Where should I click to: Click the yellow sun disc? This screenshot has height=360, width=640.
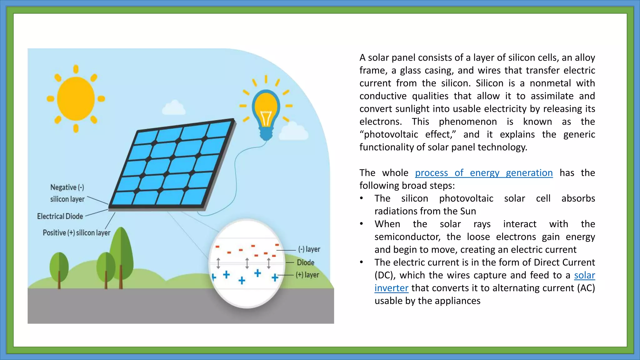coord(76,99)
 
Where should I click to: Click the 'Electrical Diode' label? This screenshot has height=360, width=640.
coord(60,216)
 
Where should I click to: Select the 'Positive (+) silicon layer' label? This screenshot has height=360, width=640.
coord(77,233)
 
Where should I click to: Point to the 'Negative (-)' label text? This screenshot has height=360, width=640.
coord(67,187)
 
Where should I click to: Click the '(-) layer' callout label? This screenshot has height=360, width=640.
coord(309,249)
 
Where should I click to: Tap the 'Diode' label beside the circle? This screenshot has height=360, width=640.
coord(305,262)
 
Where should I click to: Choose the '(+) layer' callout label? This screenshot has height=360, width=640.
coord(308,275)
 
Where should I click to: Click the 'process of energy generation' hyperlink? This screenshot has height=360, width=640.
coord(484,173)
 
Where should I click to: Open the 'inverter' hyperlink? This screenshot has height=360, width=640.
coord(391,288)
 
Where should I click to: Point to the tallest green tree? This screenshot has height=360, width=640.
coord(121,250)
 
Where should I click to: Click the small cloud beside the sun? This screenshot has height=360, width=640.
coord(174,107)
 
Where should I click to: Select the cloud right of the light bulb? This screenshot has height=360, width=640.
coord(293,131)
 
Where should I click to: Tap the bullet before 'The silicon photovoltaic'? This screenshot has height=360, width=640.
coord(362,199)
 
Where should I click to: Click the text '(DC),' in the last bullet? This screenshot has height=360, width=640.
coord(385,275)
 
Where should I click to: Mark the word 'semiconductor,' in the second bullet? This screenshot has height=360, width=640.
coord(407,237)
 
